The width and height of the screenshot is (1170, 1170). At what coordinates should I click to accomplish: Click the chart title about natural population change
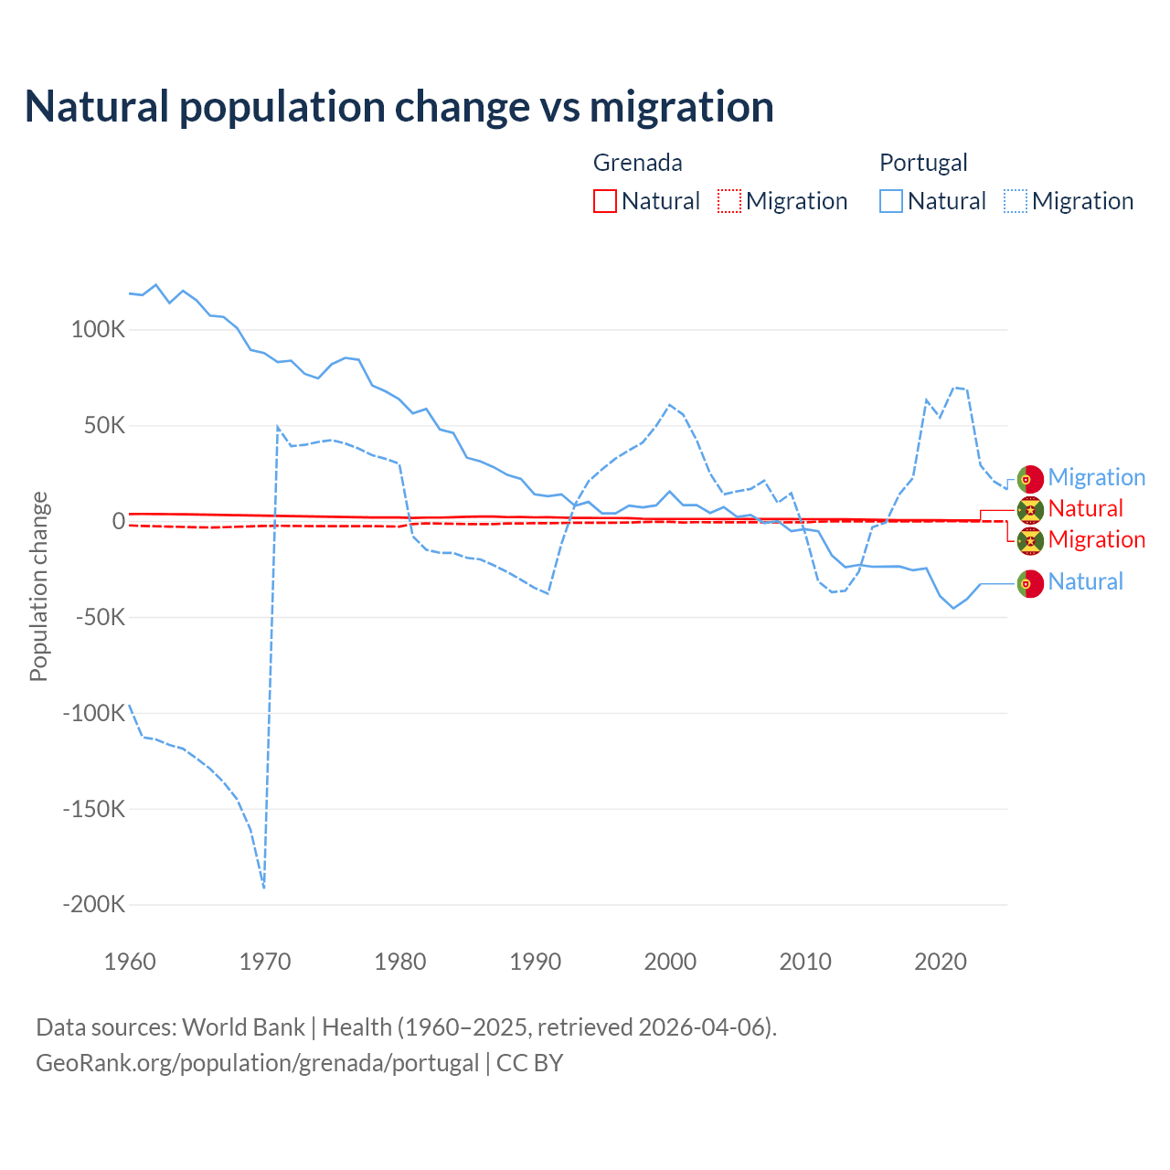(399, 107)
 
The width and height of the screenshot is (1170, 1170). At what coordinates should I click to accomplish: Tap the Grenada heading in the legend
(637, 163)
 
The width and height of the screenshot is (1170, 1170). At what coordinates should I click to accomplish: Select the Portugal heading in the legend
(923, 163)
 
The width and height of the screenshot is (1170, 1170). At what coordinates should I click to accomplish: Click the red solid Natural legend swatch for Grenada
(605, 201)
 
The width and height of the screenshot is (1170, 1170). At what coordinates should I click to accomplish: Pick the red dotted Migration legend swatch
(729, 201)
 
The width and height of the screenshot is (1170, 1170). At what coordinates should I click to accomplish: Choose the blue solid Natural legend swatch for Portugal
(891, 201)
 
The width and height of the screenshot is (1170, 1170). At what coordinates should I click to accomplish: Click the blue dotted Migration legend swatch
(1016, 201)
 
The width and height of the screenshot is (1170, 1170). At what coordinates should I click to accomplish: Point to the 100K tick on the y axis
(98, 330)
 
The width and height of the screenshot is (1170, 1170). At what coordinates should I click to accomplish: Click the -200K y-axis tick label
(93, 905)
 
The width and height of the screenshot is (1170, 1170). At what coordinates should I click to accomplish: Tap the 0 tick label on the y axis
(119, 521)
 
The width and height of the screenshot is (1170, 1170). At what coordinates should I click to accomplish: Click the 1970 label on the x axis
(265, 962)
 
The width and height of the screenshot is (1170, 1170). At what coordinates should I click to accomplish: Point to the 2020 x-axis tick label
(941, 962)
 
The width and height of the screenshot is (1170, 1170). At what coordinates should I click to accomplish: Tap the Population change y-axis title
(38, 586)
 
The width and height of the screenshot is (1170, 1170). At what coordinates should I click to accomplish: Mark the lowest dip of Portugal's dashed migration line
(263, 887)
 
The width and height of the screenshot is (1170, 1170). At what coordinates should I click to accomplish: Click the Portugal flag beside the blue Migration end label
(1030, 478)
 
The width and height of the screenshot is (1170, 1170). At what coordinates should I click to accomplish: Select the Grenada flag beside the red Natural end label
(1030, 509)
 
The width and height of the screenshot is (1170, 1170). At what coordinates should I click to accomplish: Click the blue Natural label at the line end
(1085, 581)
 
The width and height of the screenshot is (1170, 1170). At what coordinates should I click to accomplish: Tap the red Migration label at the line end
(1096, 539)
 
